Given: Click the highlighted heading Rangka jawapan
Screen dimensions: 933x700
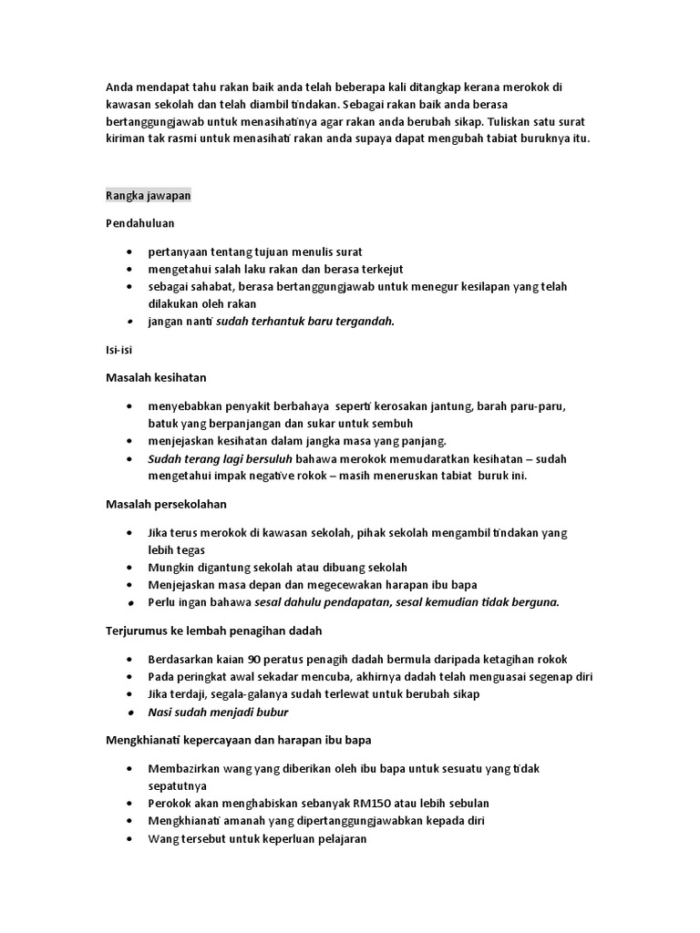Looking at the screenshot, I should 148,196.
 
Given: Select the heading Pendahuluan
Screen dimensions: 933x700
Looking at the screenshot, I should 139,223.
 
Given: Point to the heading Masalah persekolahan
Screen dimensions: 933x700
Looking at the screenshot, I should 166,504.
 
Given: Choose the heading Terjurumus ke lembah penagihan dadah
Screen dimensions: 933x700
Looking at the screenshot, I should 214,631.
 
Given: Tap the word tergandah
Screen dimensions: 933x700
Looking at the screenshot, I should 365,322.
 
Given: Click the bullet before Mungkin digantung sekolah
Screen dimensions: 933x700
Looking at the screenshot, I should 132,568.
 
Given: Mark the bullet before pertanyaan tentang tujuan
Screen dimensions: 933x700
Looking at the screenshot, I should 132,251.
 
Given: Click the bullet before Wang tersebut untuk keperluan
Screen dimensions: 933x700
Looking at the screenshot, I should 132,839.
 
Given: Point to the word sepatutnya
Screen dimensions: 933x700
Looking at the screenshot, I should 177,784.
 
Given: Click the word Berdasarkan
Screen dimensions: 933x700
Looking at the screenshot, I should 183,659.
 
